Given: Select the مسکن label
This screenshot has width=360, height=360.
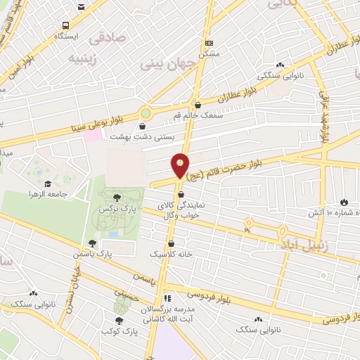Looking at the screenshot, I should coord(209,53).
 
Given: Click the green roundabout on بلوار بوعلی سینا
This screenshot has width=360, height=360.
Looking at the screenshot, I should coord(146,112).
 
